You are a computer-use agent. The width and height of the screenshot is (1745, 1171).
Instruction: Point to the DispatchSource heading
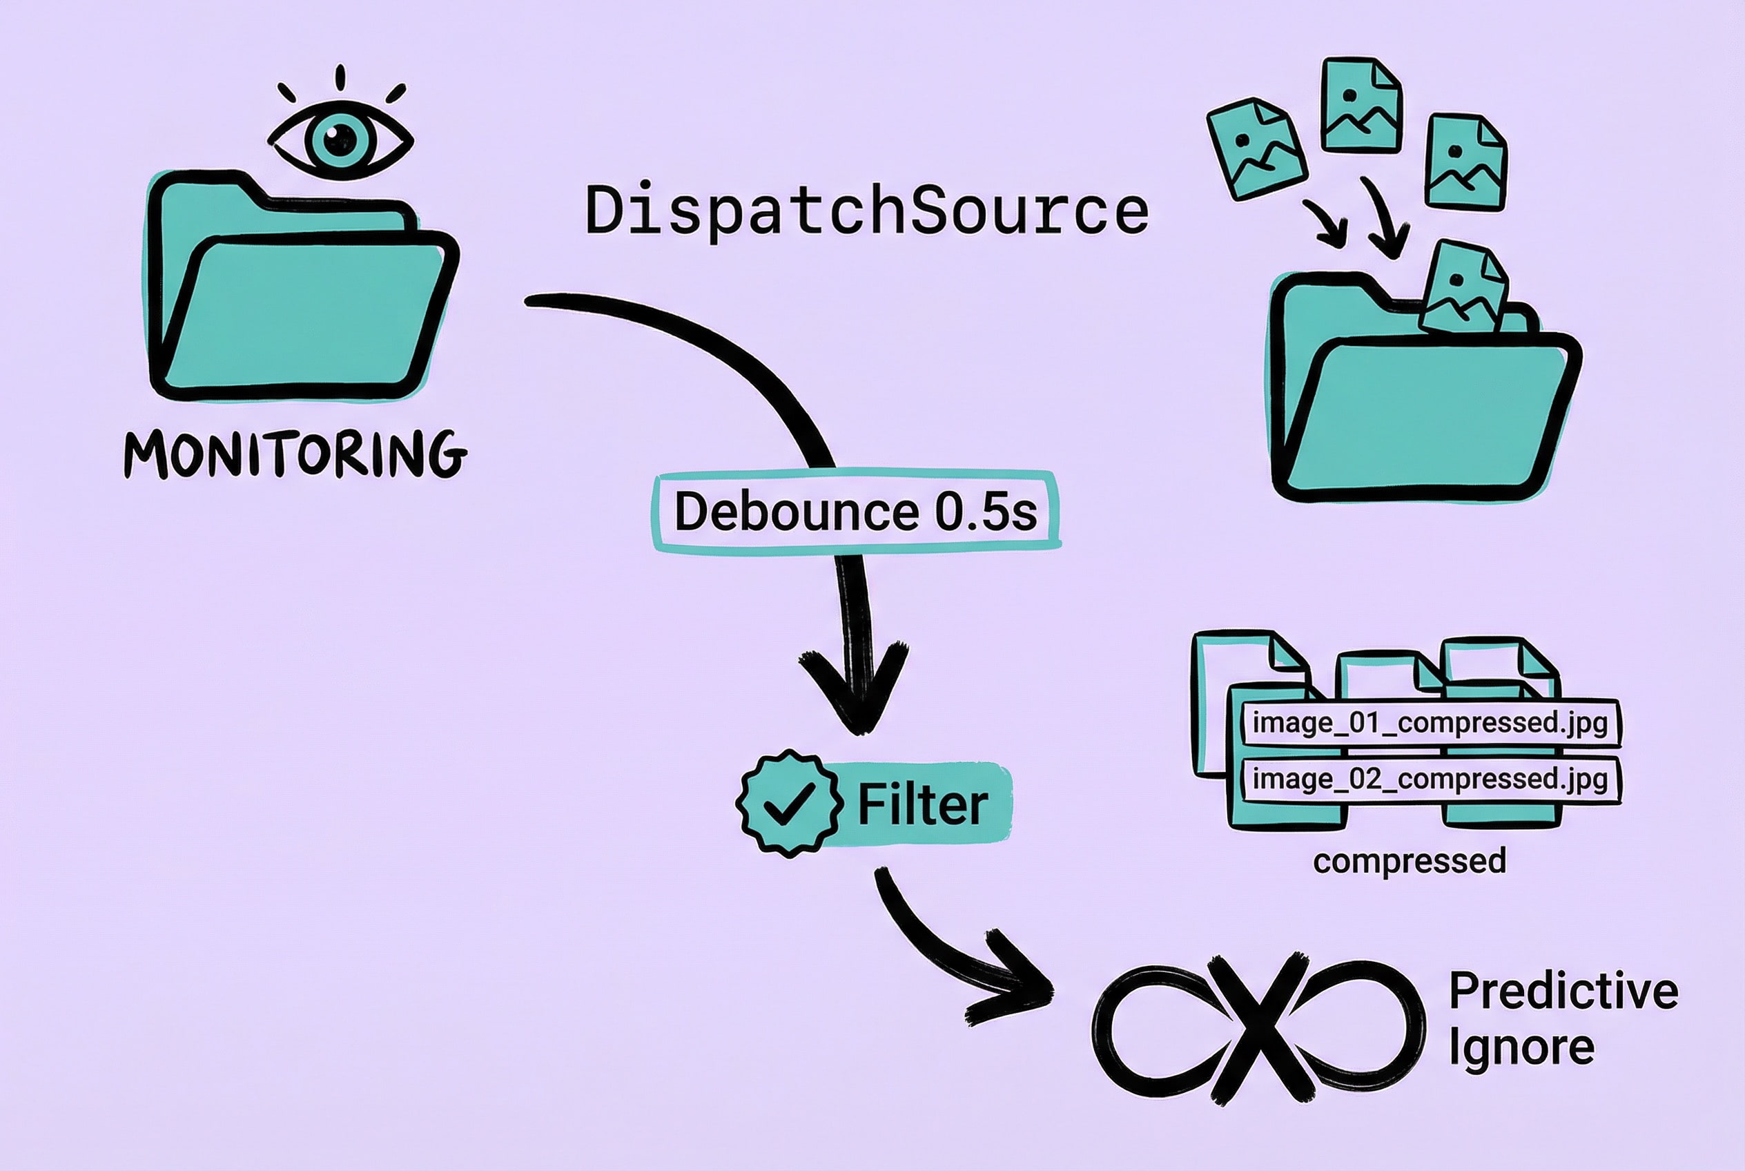pyautogui.click(x=866, y=211)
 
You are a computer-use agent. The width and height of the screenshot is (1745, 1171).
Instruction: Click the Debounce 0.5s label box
pyautogui.click(x=856, y=512)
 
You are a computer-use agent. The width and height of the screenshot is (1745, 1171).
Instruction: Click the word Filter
pyautogui.click(x=923, y=804)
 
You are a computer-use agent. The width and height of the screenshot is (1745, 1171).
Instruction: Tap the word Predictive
pyautogui.click(x=1563, y=991)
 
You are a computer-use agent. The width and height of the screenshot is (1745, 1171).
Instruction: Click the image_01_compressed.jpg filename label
pyautogui.click(x=1430, y=723)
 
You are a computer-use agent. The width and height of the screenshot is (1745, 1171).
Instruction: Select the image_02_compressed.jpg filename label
pyautogui.click(x=1430, y=779)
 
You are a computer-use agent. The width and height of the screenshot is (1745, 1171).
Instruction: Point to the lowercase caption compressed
pyautogui.click(x=1410, y=861)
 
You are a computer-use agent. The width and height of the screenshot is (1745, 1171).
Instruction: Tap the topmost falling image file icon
pyautogui.click(x=1361, y=104)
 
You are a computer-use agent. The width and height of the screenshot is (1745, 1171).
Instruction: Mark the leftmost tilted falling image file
pyautogui.click(x=1257, y=149)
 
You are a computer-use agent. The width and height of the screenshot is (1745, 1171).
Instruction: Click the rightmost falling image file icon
pyautogui.click(x=1465, y=162)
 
